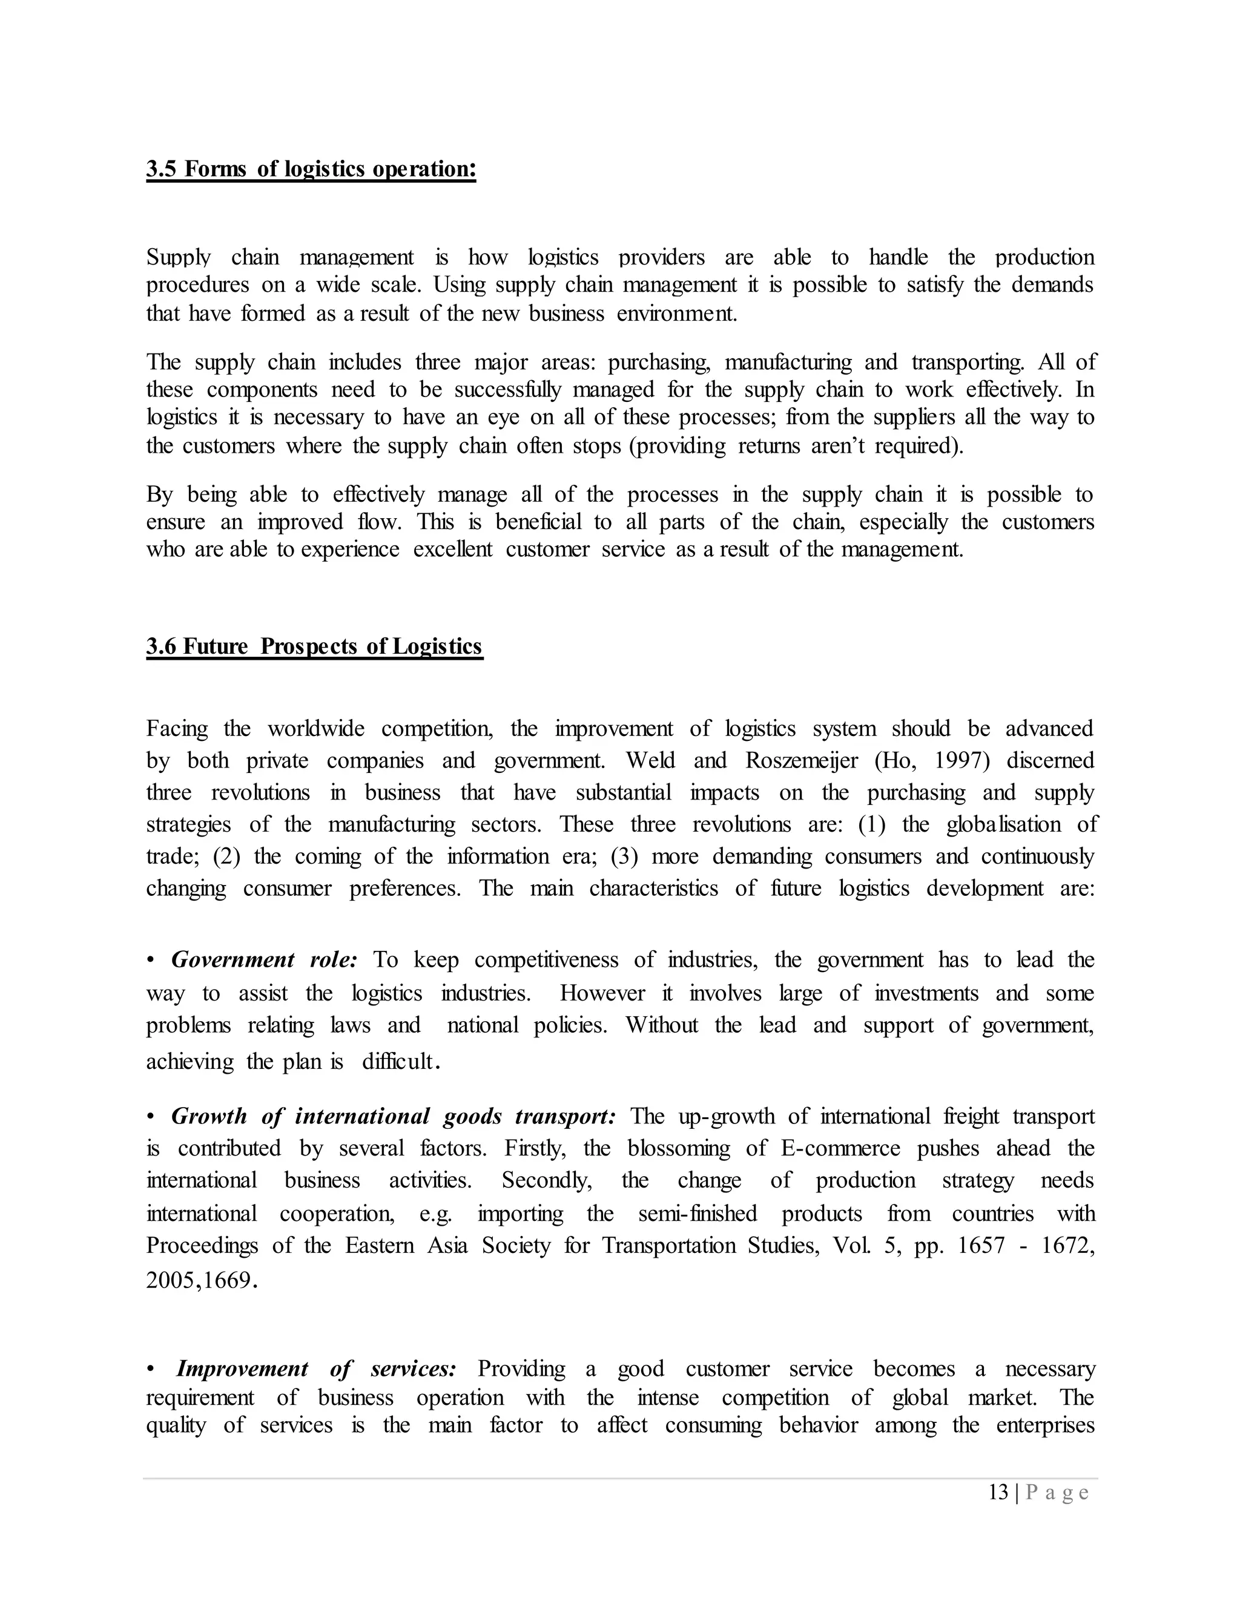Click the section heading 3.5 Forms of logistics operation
tap(311, 169)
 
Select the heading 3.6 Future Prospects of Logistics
tap(314, 646)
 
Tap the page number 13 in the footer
tap(998, 1493)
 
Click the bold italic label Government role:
tap(264, 960)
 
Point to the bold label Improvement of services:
tap(317, 1369)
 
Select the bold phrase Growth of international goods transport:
tap(393, 1116)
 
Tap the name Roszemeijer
tap(802, 760)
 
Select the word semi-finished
tap(697, 1213)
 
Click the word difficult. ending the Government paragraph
tap(401, 1062)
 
